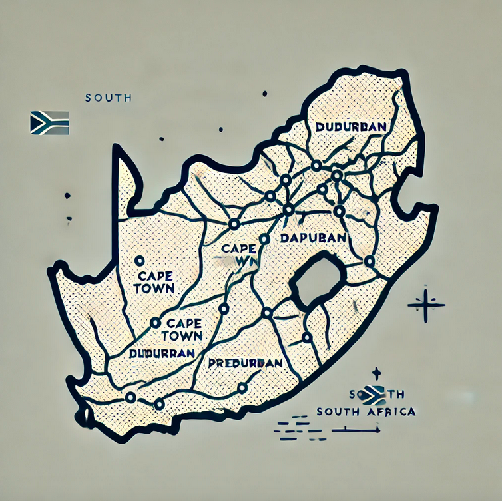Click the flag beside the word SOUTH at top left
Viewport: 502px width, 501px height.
pos(49,122)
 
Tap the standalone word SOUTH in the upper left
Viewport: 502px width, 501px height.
pos(108,98)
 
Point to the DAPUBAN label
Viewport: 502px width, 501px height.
pos(313,238)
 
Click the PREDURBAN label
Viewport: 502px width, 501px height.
pos(245,363)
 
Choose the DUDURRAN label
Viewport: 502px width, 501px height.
pos(162,353)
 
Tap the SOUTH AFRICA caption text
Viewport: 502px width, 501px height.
pos(366,411)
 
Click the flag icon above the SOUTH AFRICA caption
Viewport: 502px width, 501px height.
pos(376,394)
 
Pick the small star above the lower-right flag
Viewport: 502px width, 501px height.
pos(377,373)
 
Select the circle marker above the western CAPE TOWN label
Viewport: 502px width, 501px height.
pos(140,261)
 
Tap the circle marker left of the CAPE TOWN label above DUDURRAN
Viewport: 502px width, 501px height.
pos(155,323)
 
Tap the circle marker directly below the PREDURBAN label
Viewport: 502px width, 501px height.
pos(242,387)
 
